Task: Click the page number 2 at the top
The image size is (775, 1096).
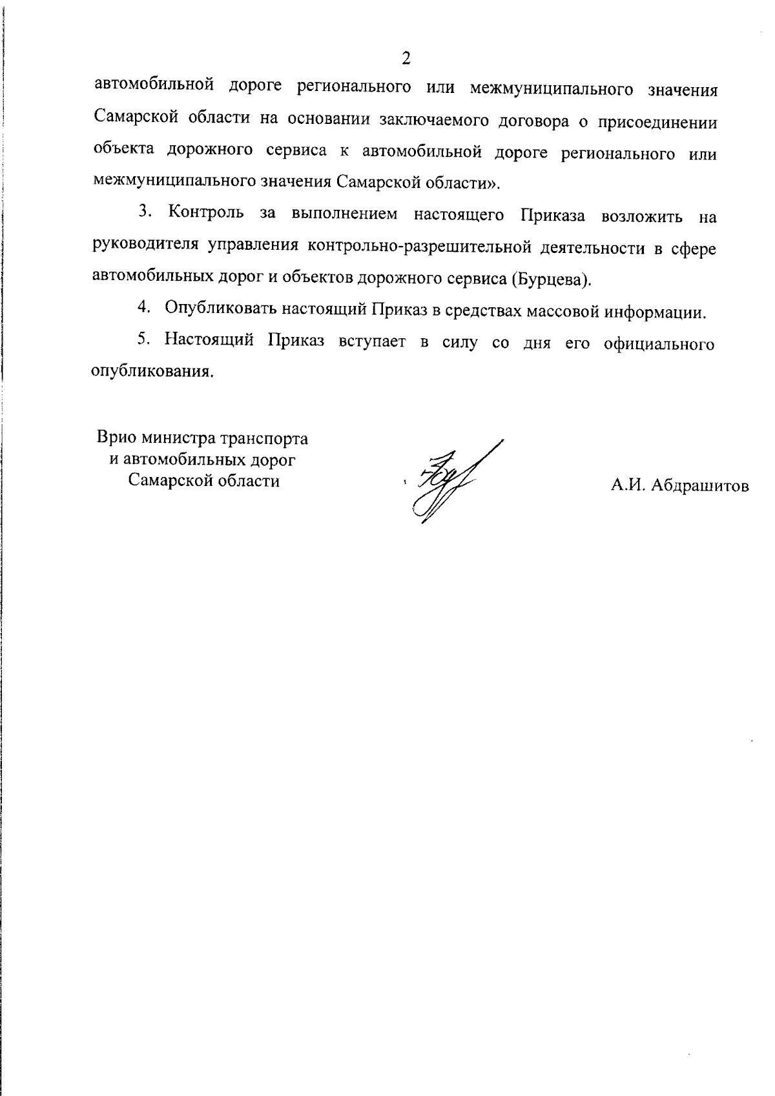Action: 406,59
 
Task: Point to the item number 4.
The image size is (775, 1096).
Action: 143,310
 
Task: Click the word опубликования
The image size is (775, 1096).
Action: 152,373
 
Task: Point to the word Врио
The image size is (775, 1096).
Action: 116,438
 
